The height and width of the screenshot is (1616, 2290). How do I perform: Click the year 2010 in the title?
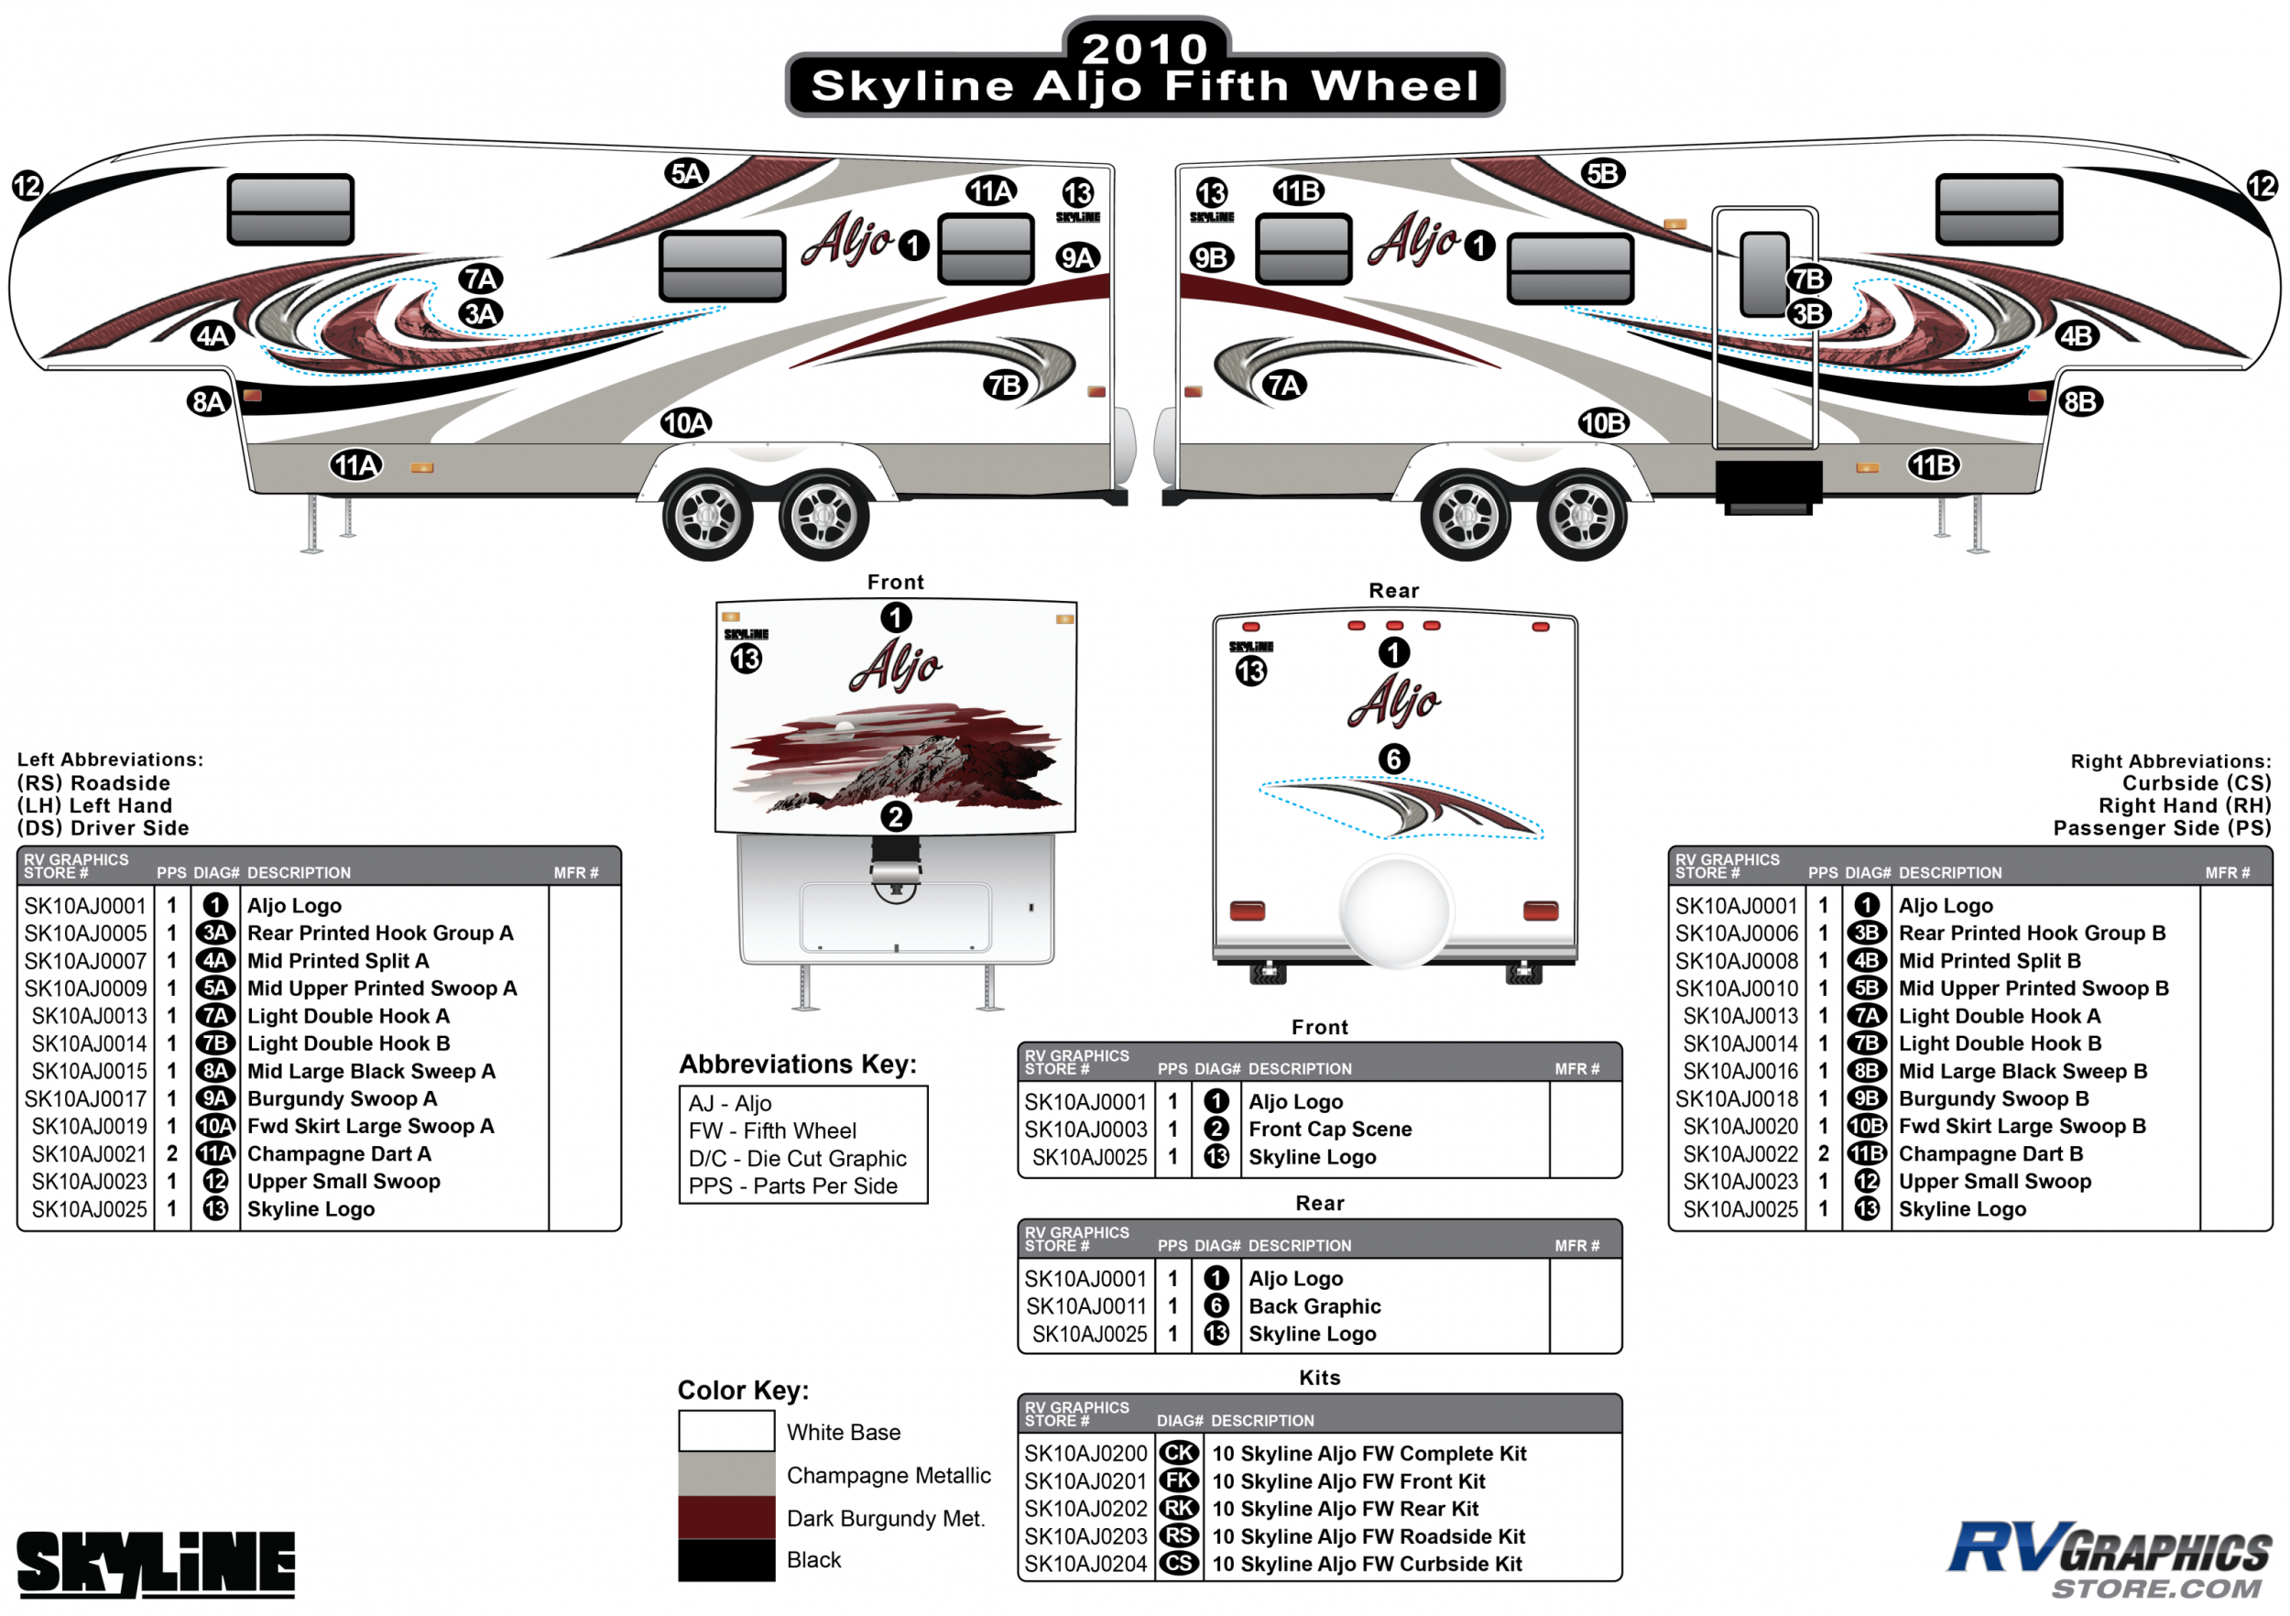(x=1145, y=47)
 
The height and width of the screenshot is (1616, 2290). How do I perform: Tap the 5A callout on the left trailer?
(x=686, y=173)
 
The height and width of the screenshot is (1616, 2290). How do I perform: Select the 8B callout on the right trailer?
(x=2078, y=402)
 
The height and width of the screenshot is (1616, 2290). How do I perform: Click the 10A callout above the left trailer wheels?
(x=685, y=423)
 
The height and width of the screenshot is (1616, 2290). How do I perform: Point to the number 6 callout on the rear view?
(x=1393, y=759)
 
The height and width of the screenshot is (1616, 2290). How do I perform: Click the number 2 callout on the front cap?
(x=895, y=817)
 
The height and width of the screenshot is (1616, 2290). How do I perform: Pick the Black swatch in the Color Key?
(x=726, y=1560)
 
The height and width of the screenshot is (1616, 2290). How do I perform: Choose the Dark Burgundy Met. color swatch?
(x=726, y=1517)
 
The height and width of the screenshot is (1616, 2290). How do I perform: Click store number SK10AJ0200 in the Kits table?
(x=1085, y=1454)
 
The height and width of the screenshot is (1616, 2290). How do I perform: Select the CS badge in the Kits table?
(x=1179, y=1563)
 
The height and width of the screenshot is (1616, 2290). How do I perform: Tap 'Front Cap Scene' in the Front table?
(x=1329, y=1130)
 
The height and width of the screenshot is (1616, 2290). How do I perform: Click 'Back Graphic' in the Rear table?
(x=1314, y=1305)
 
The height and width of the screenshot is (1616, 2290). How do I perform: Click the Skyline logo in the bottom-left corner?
(x=157, y=1563)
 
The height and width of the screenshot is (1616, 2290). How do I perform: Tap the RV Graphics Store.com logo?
(x=2109, y=1558)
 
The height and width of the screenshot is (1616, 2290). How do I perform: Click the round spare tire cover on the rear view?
(x=1395, y=910)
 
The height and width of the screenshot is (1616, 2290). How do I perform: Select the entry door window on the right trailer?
(x=1763, y=274)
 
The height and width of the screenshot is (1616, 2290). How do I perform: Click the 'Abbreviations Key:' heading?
(x=797, y=1065)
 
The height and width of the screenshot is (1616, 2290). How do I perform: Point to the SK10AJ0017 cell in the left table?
(x=86, y=1098)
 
